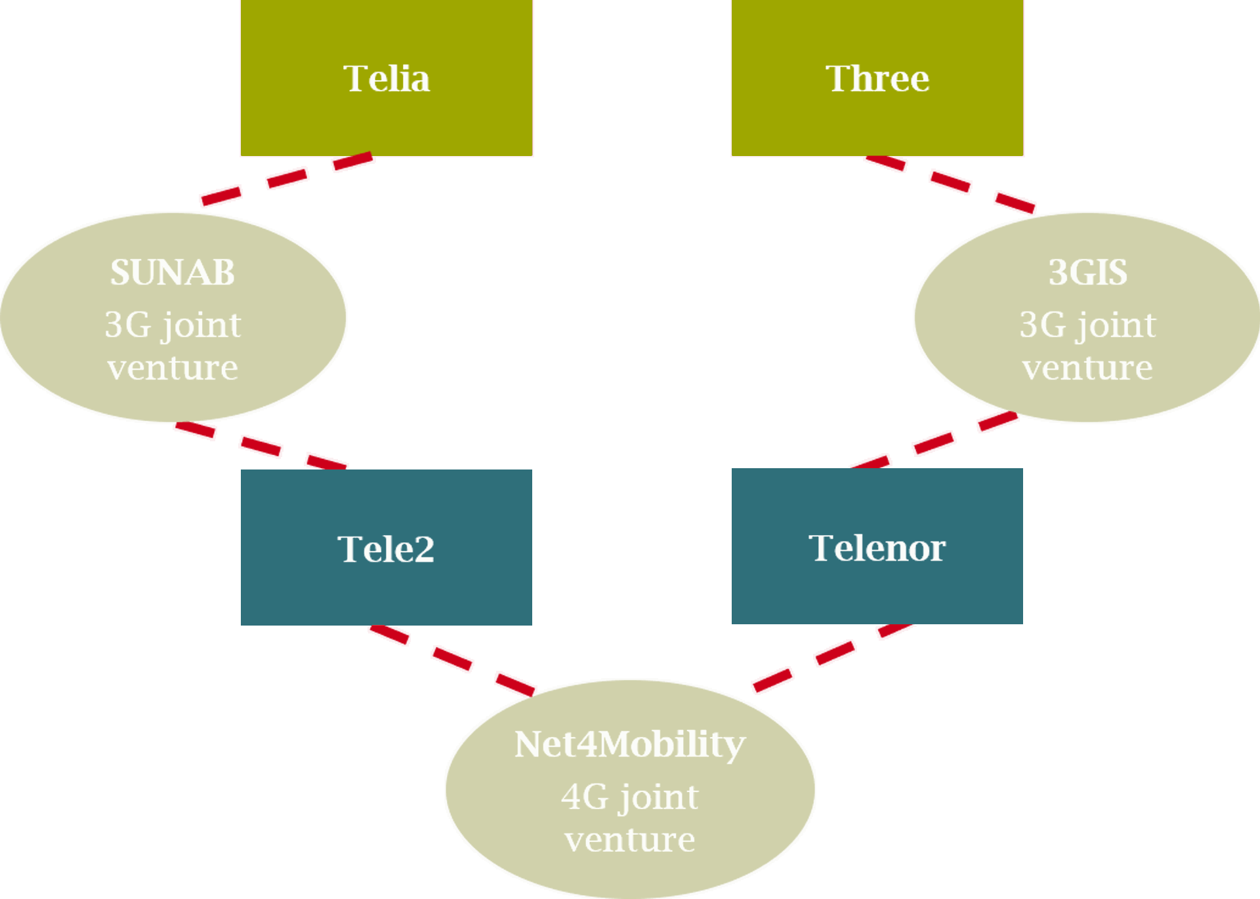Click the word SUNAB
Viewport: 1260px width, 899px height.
coord(173,272)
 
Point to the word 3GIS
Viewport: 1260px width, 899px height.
coord(1088,272)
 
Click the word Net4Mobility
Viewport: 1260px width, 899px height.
coord(630,744)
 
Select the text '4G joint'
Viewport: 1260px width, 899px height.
coord(630,797)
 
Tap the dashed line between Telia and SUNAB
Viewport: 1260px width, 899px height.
coord(287,178)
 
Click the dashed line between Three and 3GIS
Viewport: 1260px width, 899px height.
coord(950,181)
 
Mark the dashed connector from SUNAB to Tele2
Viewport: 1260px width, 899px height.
coord(261,446)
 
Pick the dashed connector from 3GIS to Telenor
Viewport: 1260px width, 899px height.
coord(934,444)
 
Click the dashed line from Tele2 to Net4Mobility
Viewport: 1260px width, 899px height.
coord(452,658)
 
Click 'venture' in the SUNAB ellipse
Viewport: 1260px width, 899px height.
coord(173,368)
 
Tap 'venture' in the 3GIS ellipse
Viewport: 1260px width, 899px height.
coord(1087,368)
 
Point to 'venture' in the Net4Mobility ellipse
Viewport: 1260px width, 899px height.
coord(630,840)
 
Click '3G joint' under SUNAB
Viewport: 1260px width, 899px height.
coord(173,325)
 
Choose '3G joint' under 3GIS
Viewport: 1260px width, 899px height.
coord(1087,325)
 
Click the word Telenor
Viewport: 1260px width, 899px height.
coord(877,548)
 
